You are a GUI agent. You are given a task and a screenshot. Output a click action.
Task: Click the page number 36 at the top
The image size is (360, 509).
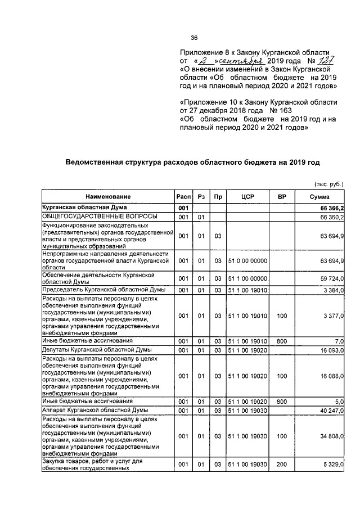pos(194,38)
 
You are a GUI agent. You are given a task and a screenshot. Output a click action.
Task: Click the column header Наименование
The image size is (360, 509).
pos(108,197)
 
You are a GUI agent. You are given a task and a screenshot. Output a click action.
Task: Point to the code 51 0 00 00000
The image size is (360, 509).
pos(247,261)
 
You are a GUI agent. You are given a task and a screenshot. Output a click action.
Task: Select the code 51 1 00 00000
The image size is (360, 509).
pos(247,278)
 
